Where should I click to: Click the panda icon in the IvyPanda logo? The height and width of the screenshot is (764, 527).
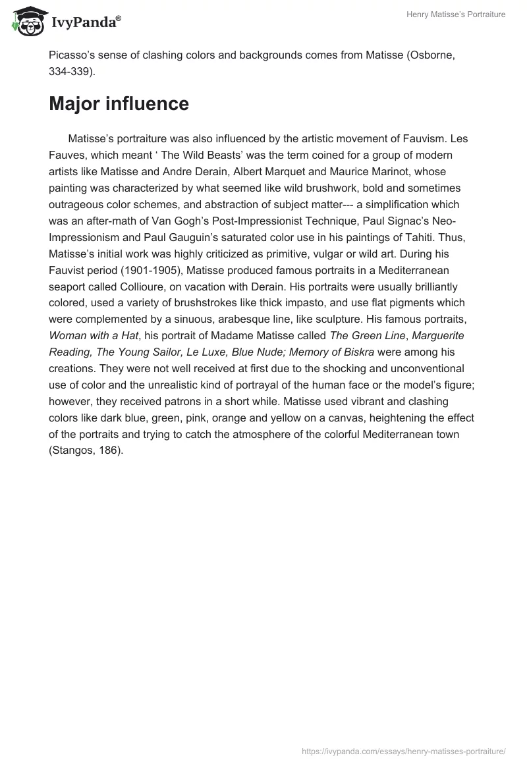[27, 22]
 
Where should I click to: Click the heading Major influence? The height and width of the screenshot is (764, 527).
[119, 103]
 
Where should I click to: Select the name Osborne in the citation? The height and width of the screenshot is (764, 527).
[416, 56]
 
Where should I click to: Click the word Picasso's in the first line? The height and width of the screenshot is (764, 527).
[74, 56]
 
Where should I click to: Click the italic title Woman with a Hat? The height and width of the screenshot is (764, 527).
[92, 336]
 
